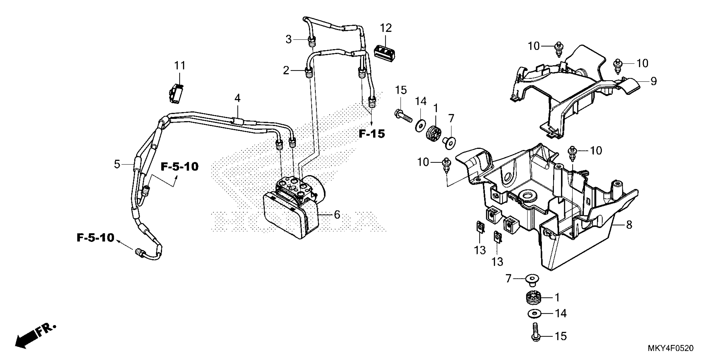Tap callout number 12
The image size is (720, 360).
tap(386, 28)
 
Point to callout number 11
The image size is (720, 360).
tap(180, 66)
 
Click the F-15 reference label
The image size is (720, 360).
tap(372, 134)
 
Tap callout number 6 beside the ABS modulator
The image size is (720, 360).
tap(337, 215)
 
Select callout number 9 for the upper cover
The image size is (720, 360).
tap(654, 81)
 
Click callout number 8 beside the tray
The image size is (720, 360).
tap(629, 225)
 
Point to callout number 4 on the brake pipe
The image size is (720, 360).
tap(237, 98)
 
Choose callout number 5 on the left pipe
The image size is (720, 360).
tap(117, 164)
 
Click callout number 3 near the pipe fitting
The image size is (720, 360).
tap(289, 39)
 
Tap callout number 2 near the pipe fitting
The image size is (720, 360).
tap(286, 71)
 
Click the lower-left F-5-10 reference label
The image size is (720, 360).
tap(96, 238)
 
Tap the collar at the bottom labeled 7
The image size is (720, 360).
tap(532, 280)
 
